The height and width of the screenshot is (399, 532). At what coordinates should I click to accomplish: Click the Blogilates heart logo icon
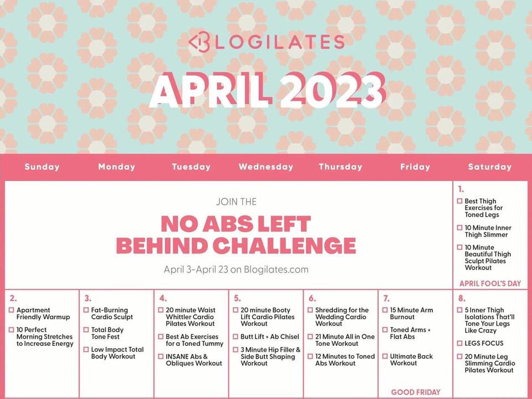(x=199, y=42)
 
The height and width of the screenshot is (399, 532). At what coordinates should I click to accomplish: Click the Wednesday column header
(x=266, y=167)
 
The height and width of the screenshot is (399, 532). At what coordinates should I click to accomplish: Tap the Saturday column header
(x=489, y=167)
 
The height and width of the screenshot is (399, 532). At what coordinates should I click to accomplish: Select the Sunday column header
(x=42, y=167)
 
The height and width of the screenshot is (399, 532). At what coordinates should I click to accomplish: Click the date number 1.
(x=461, y=190)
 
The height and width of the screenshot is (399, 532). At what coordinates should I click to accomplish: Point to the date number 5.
(x=237, y=298)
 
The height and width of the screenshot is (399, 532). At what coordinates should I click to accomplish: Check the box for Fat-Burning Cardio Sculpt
(x=86, y=310)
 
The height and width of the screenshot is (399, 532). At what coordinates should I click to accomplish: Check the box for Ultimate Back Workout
(x=385, y=356)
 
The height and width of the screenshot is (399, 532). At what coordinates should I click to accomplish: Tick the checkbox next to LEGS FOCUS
(x=459, y=343)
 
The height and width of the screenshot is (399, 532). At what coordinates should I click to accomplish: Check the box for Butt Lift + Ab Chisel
(x=236, y=336)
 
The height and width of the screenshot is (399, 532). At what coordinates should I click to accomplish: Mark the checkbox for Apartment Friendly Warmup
(x=12, y=310)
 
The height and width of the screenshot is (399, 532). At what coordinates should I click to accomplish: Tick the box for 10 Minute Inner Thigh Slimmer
(x=459, y=228)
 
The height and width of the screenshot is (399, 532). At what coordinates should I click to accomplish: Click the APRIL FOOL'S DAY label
(x=490, y=283)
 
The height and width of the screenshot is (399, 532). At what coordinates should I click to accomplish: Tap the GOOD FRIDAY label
(x=416, y=392)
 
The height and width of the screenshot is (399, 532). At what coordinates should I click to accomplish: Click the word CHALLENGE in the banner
(x=285, y=245)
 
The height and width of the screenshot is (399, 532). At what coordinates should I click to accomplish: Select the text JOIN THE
(x=236, y=202)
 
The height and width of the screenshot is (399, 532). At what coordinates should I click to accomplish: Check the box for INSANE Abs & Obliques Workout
(x=161, y=356)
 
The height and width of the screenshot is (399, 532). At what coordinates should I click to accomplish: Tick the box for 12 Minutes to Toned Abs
(x=310, y=356)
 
